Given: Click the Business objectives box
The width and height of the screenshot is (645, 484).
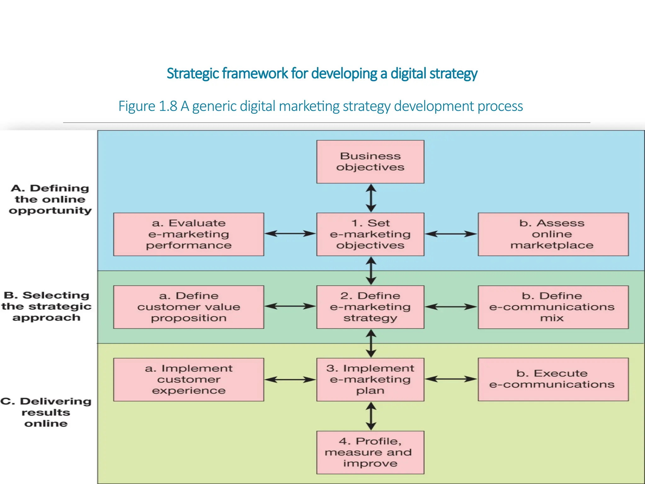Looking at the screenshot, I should tap(370, 162).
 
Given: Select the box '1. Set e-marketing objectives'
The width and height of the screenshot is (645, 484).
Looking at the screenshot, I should tap(370, 234).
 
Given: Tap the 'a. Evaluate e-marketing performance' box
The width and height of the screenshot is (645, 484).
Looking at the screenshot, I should tap(188, 234).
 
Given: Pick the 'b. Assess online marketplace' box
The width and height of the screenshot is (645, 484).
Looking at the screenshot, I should tap(553, 234).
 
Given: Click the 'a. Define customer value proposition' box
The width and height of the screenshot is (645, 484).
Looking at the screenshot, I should tap(188, 307).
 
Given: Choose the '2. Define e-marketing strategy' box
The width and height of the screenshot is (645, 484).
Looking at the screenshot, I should tap(370, 307).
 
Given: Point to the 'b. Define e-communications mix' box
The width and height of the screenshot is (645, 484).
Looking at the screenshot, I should tap(553, 307).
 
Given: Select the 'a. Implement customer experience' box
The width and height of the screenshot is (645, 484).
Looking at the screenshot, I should tap(188, 379).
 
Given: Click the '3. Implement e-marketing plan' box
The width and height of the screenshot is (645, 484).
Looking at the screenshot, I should tap(370, 379).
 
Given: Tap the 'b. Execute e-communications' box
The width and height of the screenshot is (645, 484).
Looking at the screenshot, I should tap(553, 379).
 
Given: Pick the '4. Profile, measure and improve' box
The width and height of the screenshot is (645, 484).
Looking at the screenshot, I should tap(370, 452).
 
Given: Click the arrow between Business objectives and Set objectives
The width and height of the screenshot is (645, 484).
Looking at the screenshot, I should tap(371, 198).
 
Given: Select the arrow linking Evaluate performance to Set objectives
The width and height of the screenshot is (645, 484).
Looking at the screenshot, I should tap(290, 233).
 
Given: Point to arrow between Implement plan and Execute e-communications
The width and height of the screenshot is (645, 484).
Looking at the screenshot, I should tap(451, 379).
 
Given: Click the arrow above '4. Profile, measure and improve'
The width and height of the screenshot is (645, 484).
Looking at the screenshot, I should tap(371, 416).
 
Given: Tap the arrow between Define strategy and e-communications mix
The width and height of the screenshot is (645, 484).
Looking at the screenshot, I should tap(451, 307).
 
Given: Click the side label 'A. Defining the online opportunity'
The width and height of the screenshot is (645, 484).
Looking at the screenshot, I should tap(50, 199).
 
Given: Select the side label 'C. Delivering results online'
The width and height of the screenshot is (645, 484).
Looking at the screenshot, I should tap(46, 412).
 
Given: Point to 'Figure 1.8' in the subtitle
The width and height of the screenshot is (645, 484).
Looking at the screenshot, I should tap(148, 106).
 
